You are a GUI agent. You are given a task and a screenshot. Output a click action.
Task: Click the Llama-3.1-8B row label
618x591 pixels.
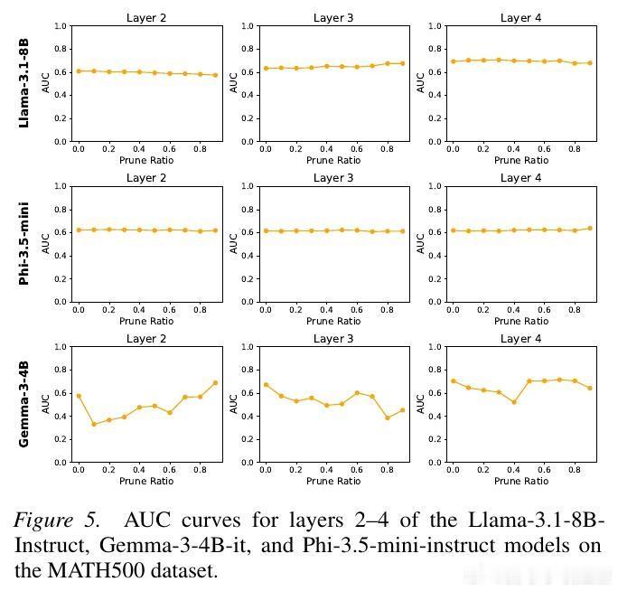(24, 84)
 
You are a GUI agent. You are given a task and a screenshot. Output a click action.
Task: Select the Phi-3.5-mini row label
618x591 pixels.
(24, 244)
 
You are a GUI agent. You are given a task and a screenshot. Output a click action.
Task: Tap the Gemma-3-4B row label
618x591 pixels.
(24, 404)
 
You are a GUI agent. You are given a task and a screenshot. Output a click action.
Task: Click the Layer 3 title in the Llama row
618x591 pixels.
(333, 18)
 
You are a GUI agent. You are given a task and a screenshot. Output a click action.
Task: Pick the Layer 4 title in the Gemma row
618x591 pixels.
(520, 339)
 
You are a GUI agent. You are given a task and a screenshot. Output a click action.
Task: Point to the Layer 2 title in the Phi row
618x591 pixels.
(146, 178)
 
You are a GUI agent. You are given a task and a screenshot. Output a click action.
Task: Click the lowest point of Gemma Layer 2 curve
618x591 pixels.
(94, 424)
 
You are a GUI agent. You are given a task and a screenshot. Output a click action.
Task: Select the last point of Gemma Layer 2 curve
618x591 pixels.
(215, 383)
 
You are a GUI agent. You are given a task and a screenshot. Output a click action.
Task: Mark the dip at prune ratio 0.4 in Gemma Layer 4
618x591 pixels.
(513, 402)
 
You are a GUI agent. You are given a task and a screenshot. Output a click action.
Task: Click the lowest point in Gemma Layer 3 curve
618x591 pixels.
(387, 417)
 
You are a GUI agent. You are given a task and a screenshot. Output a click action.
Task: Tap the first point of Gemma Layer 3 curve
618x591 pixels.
(266, 385)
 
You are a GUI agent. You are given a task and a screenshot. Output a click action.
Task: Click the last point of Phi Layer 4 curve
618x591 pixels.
(590, 228)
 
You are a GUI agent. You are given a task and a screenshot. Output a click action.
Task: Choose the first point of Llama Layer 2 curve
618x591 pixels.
(79, 70)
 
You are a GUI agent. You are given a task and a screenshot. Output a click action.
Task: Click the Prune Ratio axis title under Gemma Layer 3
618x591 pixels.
(333, 481)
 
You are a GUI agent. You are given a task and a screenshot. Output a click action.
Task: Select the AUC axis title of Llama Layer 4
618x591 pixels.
(420, 83)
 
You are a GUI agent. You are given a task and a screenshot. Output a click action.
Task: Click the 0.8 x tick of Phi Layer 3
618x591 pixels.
(387, 310)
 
